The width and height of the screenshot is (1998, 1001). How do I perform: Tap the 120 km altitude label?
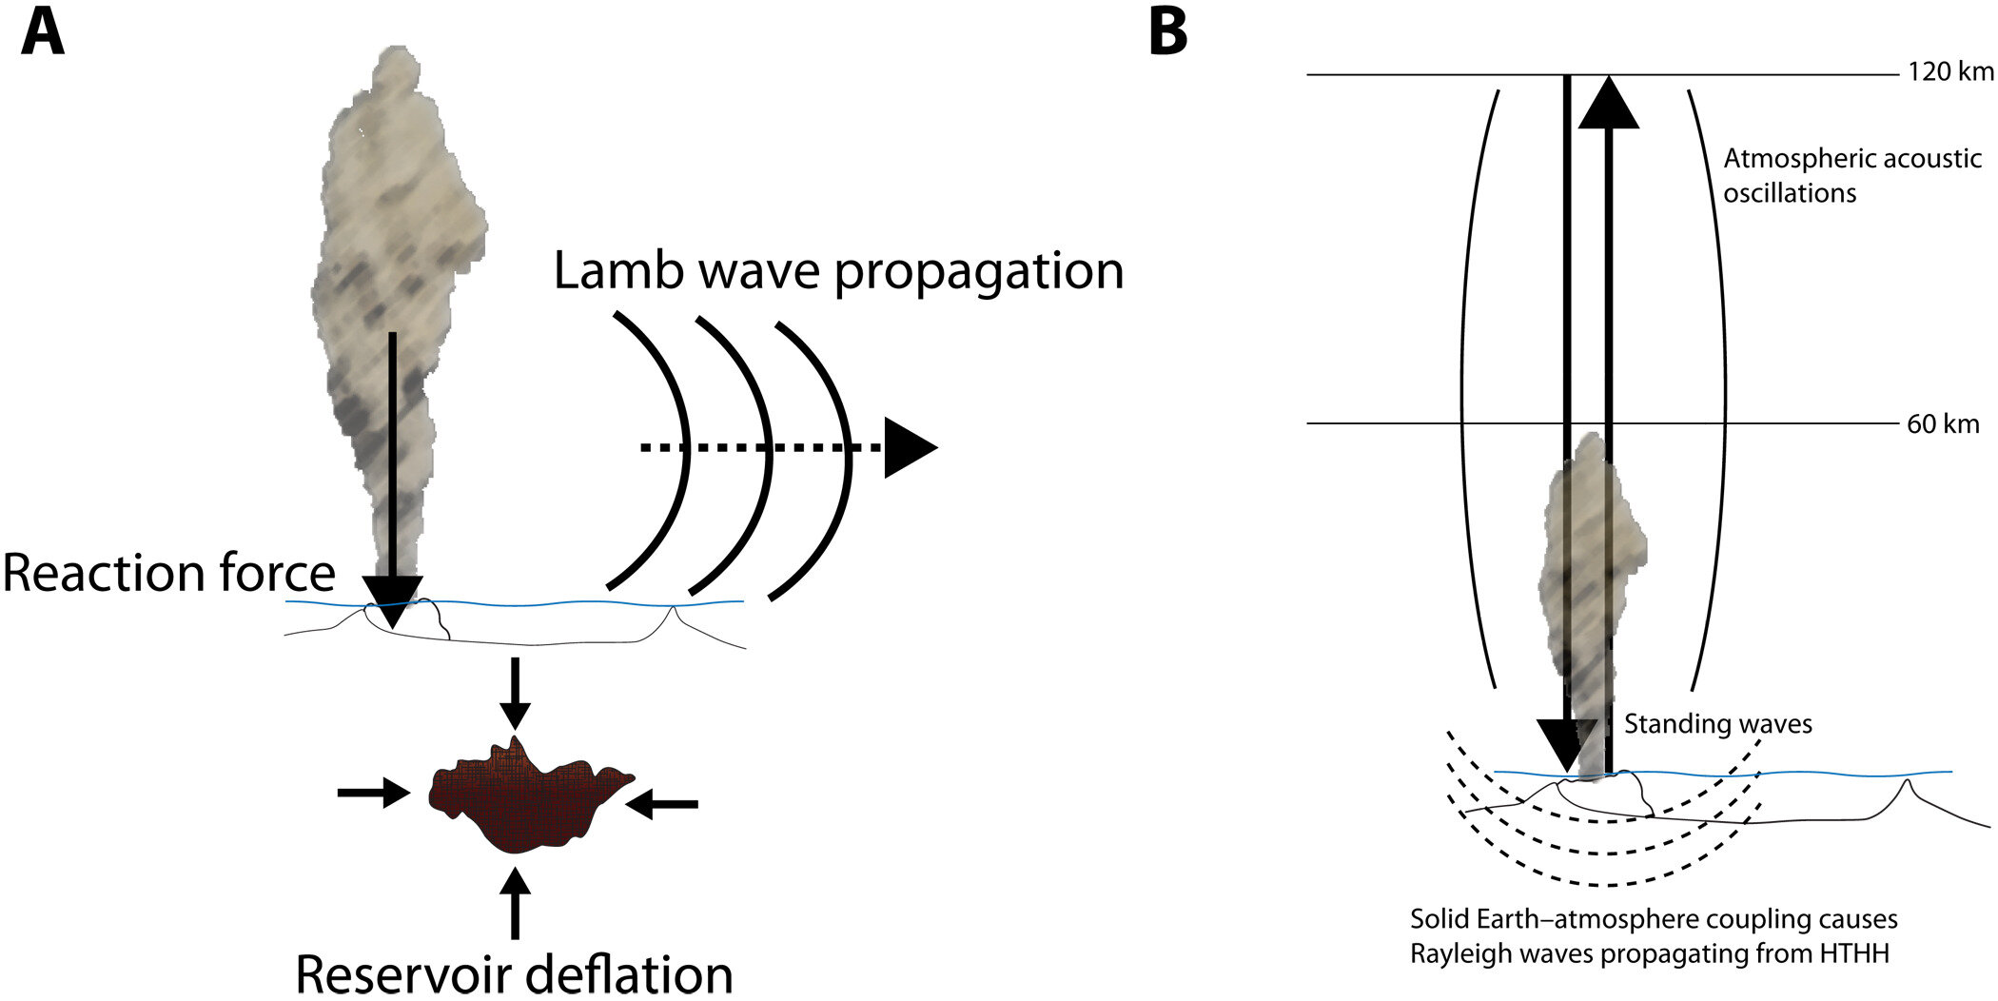click(x=1949, y=72)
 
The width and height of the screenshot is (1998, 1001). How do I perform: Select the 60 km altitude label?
click(x=1943, y=424)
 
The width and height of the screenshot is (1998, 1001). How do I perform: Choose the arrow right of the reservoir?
click(x=662, y=805)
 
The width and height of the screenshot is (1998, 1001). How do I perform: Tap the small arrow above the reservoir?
click(x=515, y=693)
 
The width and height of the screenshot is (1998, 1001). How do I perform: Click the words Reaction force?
click(x=169, y=574)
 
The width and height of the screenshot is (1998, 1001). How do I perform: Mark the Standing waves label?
click(x=1717, y=724)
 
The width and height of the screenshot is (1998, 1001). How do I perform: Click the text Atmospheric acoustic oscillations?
click(x=1851, y=175)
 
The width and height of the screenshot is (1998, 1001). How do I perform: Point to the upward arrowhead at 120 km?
click(x=1608, y=103)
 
